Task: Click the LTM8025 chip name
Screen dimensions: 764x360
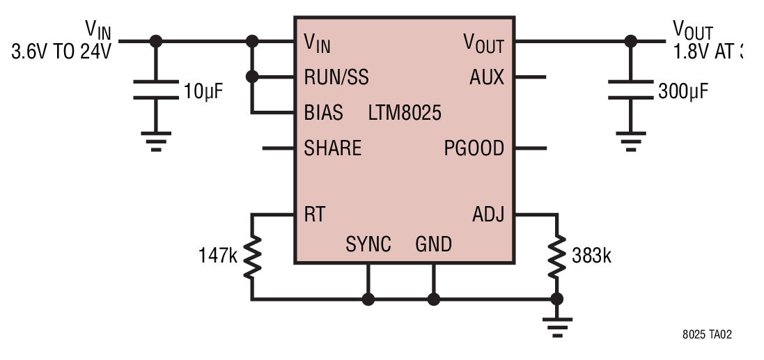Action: click(x=405, y=113)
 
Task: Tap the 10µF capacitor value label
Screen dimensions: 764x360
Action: click(x=203, y=91)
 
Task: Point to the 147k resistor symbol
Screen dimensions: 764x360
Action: click(x=252, y=257)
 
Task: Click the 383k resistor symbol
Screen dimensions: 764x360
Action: click(x=556, y=257)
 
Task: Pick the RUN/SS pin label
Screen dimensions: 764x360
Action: click(x=336, y=77)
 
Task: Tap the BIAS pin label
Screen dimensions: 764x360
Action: click(x=323, y=113)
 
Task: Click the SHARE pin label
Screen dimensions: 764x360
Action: click(x=332, y=148)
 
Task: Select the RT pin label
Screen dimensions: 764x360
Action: click(x=314, y=214)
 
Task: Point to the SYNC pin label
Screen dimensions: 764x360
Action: click(x=368, y=244)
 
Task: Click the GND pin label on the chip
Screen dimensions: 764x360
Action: click(x=433, y=244)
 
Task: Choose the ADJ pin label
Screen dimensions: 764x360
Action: click(x=488, y=214)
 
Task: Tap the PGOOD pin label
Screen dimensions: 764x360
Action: click(x=474, y=148)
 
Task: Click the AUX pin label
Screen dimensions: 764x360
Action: click(x=487, y=77)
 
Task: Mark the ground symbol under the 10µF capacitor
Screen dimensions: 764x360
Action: click(x=156, y=141)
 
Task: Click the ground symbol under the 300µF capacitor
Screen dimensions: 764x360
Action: click(x=631, y=141)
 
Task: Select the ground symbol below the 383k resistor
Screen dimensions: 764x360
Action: click(x=557, y=327)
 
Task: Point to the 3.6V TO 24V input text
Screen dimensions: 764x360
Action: click(x=61, y=51)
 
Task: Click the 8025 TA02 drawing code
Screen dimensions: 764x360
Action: click(x=707, y=335)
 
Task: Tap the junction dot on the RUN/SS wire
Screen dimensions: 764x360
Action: click(x=252, y=77)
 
